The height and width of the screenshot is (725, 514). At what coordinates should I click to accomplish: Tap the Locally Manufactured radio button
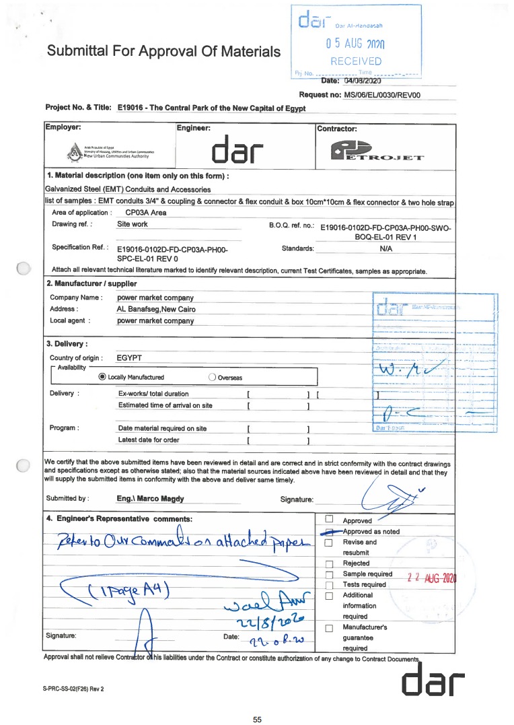coord(102,377)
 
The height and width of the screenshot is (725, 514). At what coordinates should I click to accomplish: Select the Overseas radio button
coord(213,377)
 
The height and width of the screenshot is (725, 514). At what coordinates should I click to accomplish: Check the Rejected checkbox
coord(329,563)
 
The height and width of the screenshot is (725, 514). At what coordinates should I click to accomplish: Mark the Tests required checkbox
coord(329,584)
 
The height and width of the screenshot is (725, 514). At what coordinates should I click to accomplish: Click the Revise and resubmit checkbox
coord(329,543)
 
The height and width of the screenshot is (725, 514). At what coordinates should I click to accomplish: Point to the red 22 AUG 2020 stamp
coord(432,578)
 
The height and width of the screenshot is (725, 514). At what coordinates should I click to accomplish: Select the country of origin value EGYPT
coord(130,358)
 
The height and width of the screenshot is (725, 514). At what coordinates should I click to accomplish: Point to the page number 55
coord(257,720)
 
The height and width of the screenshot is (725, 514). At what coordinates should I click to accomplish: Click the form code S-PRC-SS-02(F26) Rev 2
coord(74,690)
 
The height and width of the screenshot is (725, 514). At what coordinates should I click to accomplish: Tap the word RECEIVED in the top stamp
coord(356,61)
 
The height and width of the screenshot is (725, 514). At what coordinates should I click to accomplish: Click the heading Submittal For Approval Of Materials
coord(163,51)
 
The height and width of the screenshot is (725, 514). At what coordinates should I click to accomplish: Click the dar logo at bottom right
coord(433,681)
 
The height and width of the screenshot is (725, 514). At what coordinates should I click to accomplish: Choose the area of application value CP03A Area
coord(146,212)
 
